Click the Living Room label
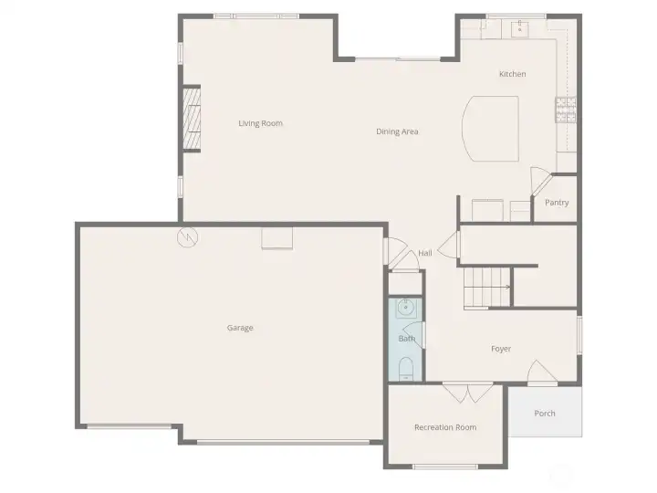coord(260,123)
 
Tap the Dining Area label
coord(397,131)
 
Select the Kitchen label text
coord(512,74)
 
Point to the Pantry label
coord(557,203)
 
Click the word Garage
coord(240,328)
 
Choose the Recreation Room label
coord(445,427)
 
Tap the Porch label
coord(545,414)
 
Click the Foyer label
coord(501,349)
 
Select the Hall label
coord(425,253)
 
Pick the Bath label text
coord(406,339)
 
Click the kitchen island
coord(494,128)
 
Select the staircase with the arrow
coord(487,287)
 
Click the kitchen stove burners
coord(566,110)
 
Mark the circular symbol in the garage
coord(187,236)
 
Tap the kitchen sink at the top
coord(521,28)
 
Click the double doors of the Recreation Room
coord(467,393)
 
